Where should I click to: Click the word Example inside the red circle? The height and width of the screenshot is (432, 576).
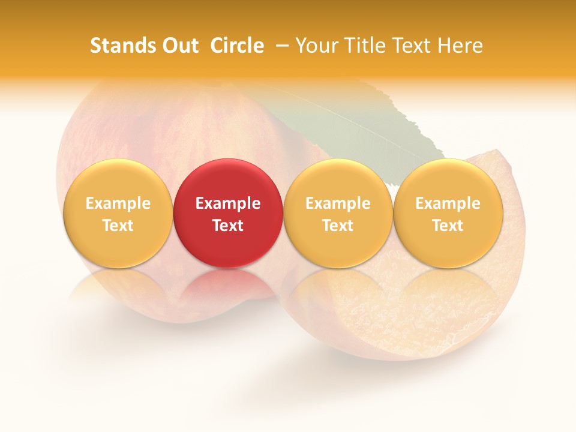(x=228, y=203)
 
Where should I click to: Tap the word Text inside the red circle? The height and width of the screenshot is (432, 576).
(x=228, y=226)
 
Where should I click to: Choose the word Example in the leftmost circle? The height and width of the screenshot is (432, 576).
(x=118, y=203)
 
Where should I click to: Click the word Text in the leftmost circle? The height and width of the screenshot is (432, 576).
(x=118, y=226)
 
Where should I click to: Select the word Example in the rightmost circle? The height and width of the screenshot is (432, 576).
(x=448, y=203)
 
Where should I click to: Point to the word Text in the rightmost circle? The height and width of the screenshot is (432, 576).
(x=448, y=226)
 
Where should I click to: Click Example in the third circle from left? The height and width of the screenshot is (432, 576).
(x=338, y=203)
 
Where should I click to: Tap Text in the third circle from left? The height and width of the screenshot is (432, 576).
(x=338, y=226)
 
